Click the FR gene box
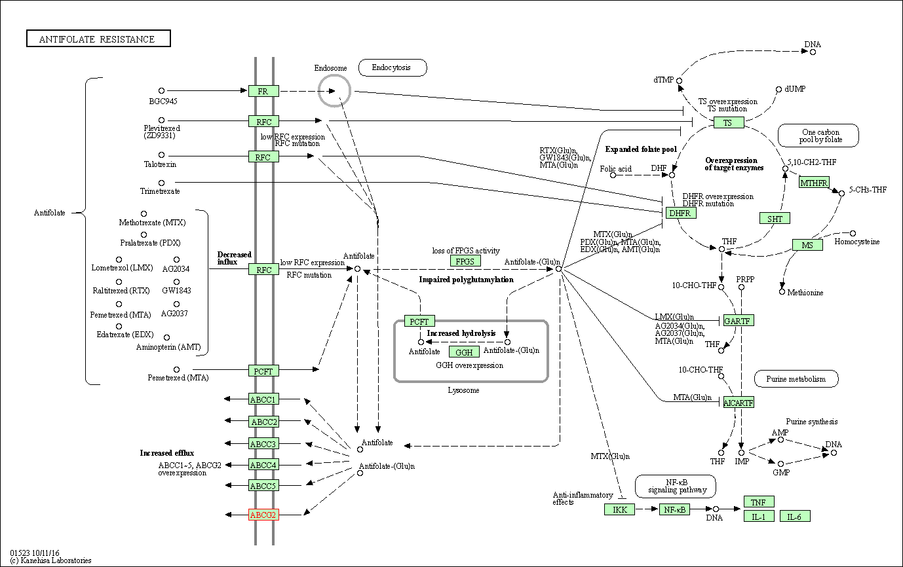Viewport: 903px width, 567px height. pos(263,91)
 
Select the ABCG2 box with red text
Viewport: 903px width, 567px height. pos(263,515)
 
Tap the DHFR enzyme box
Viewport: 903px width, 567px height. pos(681,213)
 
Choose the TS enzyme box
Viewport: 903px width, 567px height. pos(729,122)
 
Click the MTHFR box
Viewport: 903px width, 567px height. pos(814,182)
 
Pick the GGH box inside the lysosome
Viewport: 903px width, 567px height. pos(465,353)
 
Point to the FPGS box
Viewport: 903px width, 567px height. pos(465,261)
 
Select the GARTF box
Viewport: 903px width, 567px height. pos(739,320)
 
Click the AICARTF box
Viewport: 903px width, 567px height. pos(739,402)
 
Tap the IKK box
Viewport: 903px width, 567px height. pos(619,509)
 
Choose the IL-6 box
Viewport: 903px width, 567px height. pos(794,517)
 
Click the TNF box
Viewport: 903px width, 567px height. pos(758,502)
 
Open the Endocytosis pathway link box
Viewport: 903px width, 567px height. pos(393,67)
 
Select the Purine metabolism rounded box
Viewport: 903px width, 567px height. pos(796,378)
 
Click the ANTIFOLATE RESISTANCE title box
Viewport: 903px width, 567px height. pos(98,39)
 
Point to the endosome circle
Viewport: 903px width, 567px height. pos(334,90)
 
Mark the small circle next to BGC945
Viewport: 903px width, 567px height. pos(161,91)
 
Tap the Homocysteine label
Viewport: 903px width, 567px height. pos(857,242)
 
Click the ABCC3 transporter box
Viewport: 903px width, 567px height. pos(263,444)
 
